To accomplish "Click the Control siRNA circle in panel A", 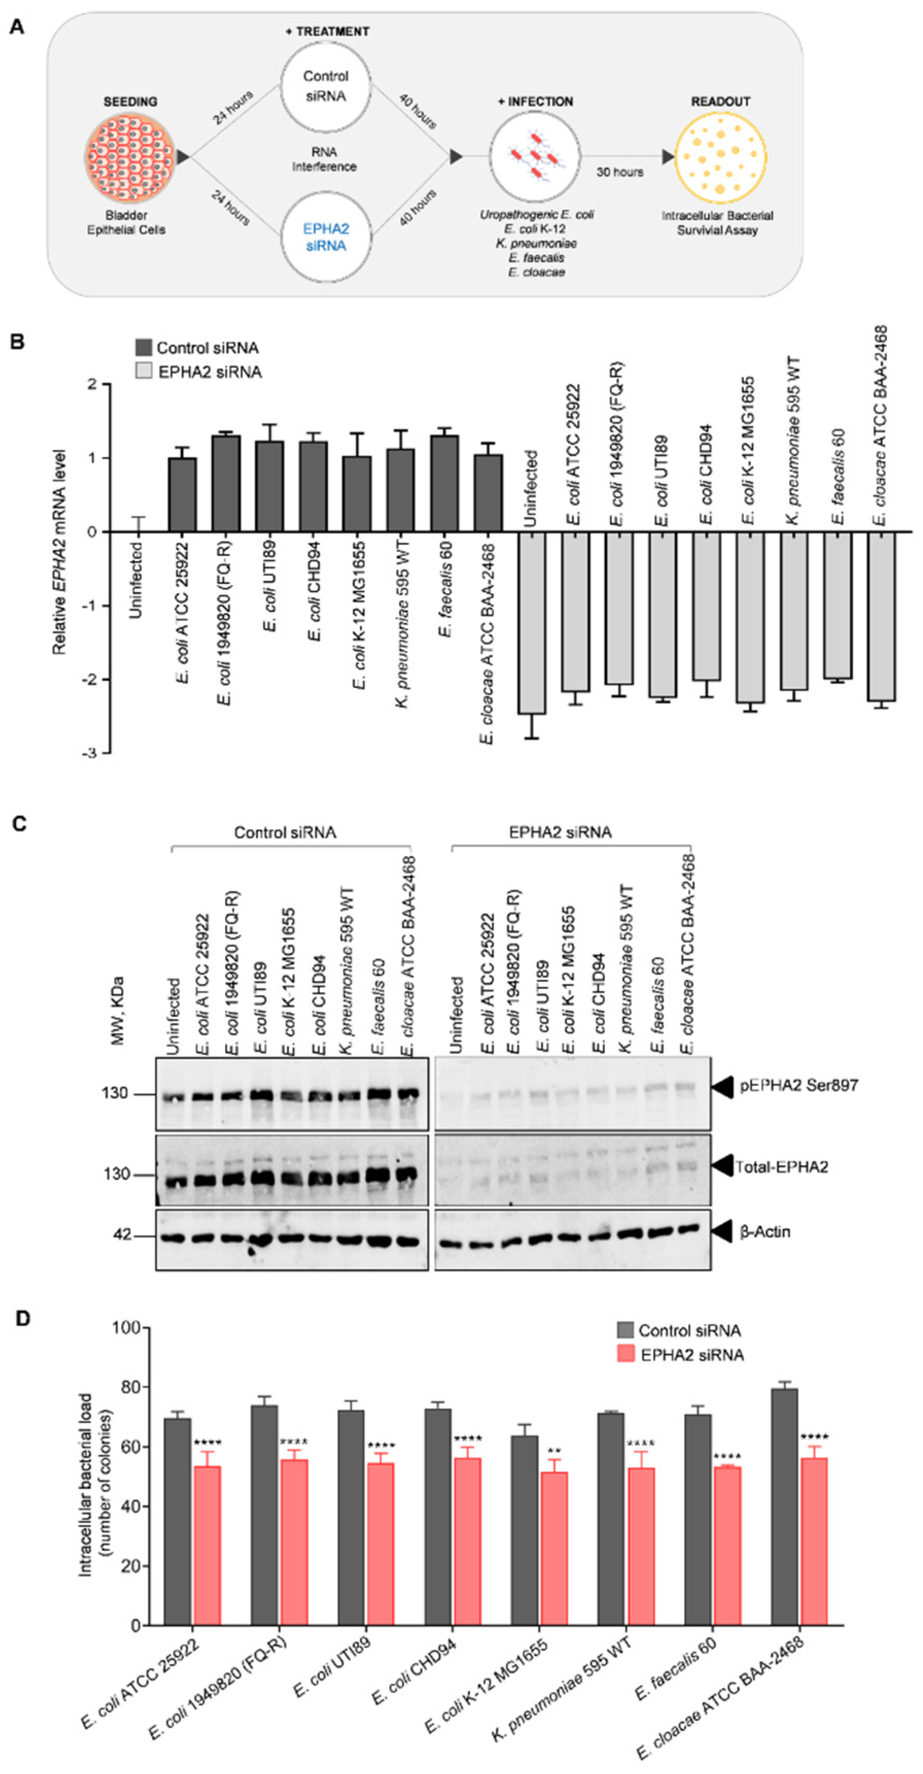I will pos(326,86).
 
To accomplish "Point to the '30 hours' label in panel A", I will pos(619,172).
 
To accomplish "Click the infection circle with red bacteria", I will pos(535,157).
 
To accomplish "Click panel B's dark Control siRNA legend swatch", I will pos(143,348).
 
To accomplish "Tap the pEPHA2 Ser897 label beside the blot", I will pos(798,1086).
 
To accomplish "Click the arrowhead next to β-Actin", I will pos(723,1231).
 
